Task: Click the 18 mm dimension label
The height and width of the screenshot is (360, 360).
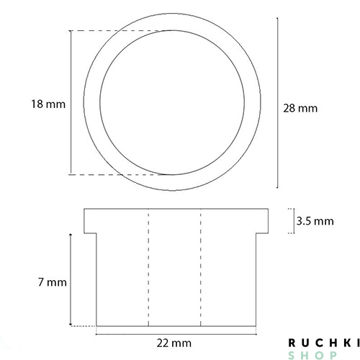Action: click(x=48, y=104)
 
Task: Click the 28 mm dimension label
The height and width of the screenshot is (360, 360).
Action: click(x=300, y=109)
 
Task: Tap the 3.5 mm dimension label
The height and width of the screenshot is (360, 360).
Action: click(x=315, y=221)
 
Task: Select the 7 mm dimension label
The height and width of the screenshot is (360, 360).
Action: click(x=53, y=282)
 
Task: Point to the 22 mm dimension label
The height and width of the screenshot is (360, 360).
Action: click(x=174, y=343)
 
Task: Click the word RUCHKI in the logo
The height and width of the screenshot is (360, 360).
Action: click(x=324, y=343)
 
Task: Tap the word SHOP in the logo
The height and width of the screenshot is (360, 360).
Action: click(x=312, y=355)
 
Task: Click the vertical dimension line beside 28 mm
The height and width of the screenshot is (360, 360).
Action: click(x=278, y=103)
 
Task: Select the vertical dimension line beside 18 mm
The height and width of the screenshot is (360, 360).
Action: click(x=71, y=102)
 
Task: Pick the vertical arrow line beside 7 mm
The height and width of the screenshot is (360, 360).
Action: click(x=71, y=279)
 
